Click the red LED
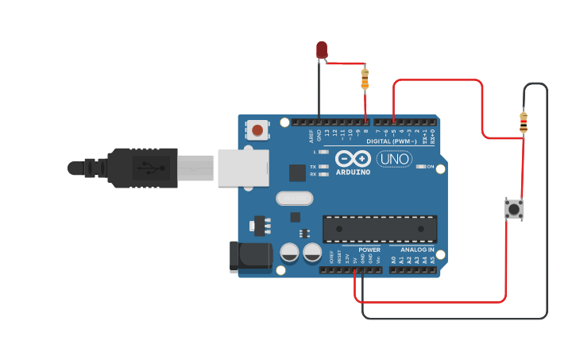pos(322,50)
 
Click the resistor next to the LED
pos(365,78)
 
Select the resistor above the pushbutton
pos(523,122)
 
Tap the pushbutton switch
pos(514,209)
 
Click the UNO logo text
pos(394,159)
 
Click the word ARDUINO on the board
pos(353,172)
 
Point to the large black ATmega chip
pos(379,229)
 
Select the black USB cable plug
pos(143,168)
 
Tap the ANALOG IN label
pos(417,250)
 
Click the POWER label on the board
pos(369,250)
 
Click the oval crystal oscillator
pos(294,199)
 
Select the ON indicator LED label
pos(430,166)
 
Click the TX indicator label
pos(313,166)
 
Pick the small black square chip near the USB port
pos(297,172)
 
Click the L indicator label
pos(315,151)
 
